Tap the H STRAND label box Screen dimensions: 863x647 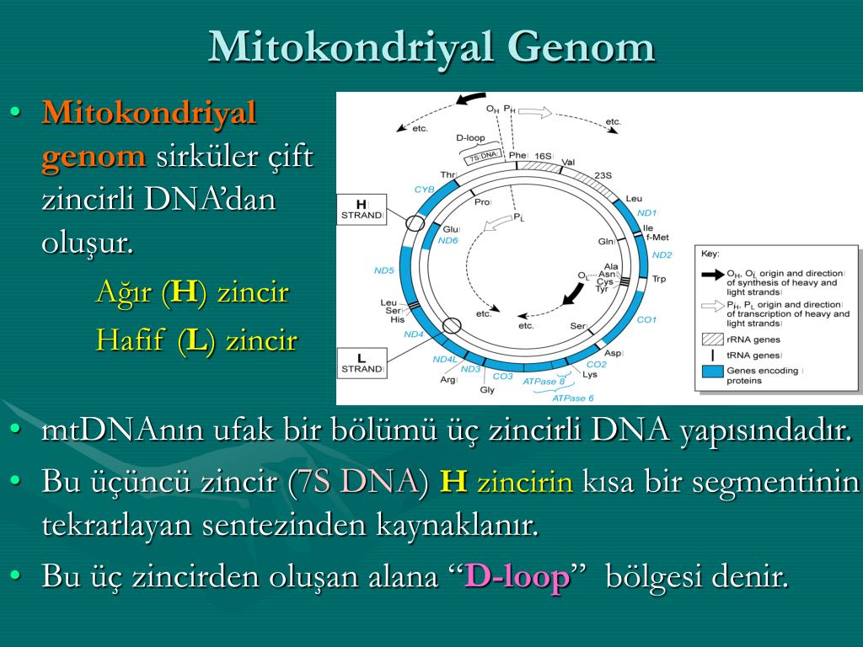coord(361,210)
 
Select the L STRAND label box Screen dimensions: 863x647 coord(362,363)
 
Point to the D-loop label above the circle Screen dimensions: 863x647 coord(470,137)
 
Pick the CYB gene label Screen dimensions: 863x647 coord(425,190)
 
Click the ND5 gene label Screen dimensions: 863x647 coord(383,270)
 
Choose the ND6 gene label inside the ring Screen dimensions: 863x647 coord(448,240)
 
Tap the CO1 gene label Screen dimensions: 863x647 coord(646,319)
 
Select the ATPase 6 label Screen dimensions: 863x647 coord(573,398)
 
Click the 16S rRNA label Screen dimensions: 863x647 coord(544,156)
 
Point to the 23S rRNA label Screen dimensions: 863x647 coord(603,175)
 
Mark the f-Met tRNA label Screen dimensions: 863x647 coord(657,237)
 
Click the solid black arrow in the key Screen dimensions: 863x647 coord(713,274)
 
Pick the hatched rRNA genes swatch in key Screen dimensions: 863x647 coord(713,339)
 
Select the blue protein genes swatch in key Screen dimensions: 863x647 coord(713,372)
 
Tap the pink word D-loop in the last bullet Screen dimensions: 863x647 coord(517,576)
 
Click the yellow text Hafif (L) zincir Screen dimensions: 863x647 coord(196,340)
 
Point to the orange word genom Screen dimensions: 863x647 coord(94,156)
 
